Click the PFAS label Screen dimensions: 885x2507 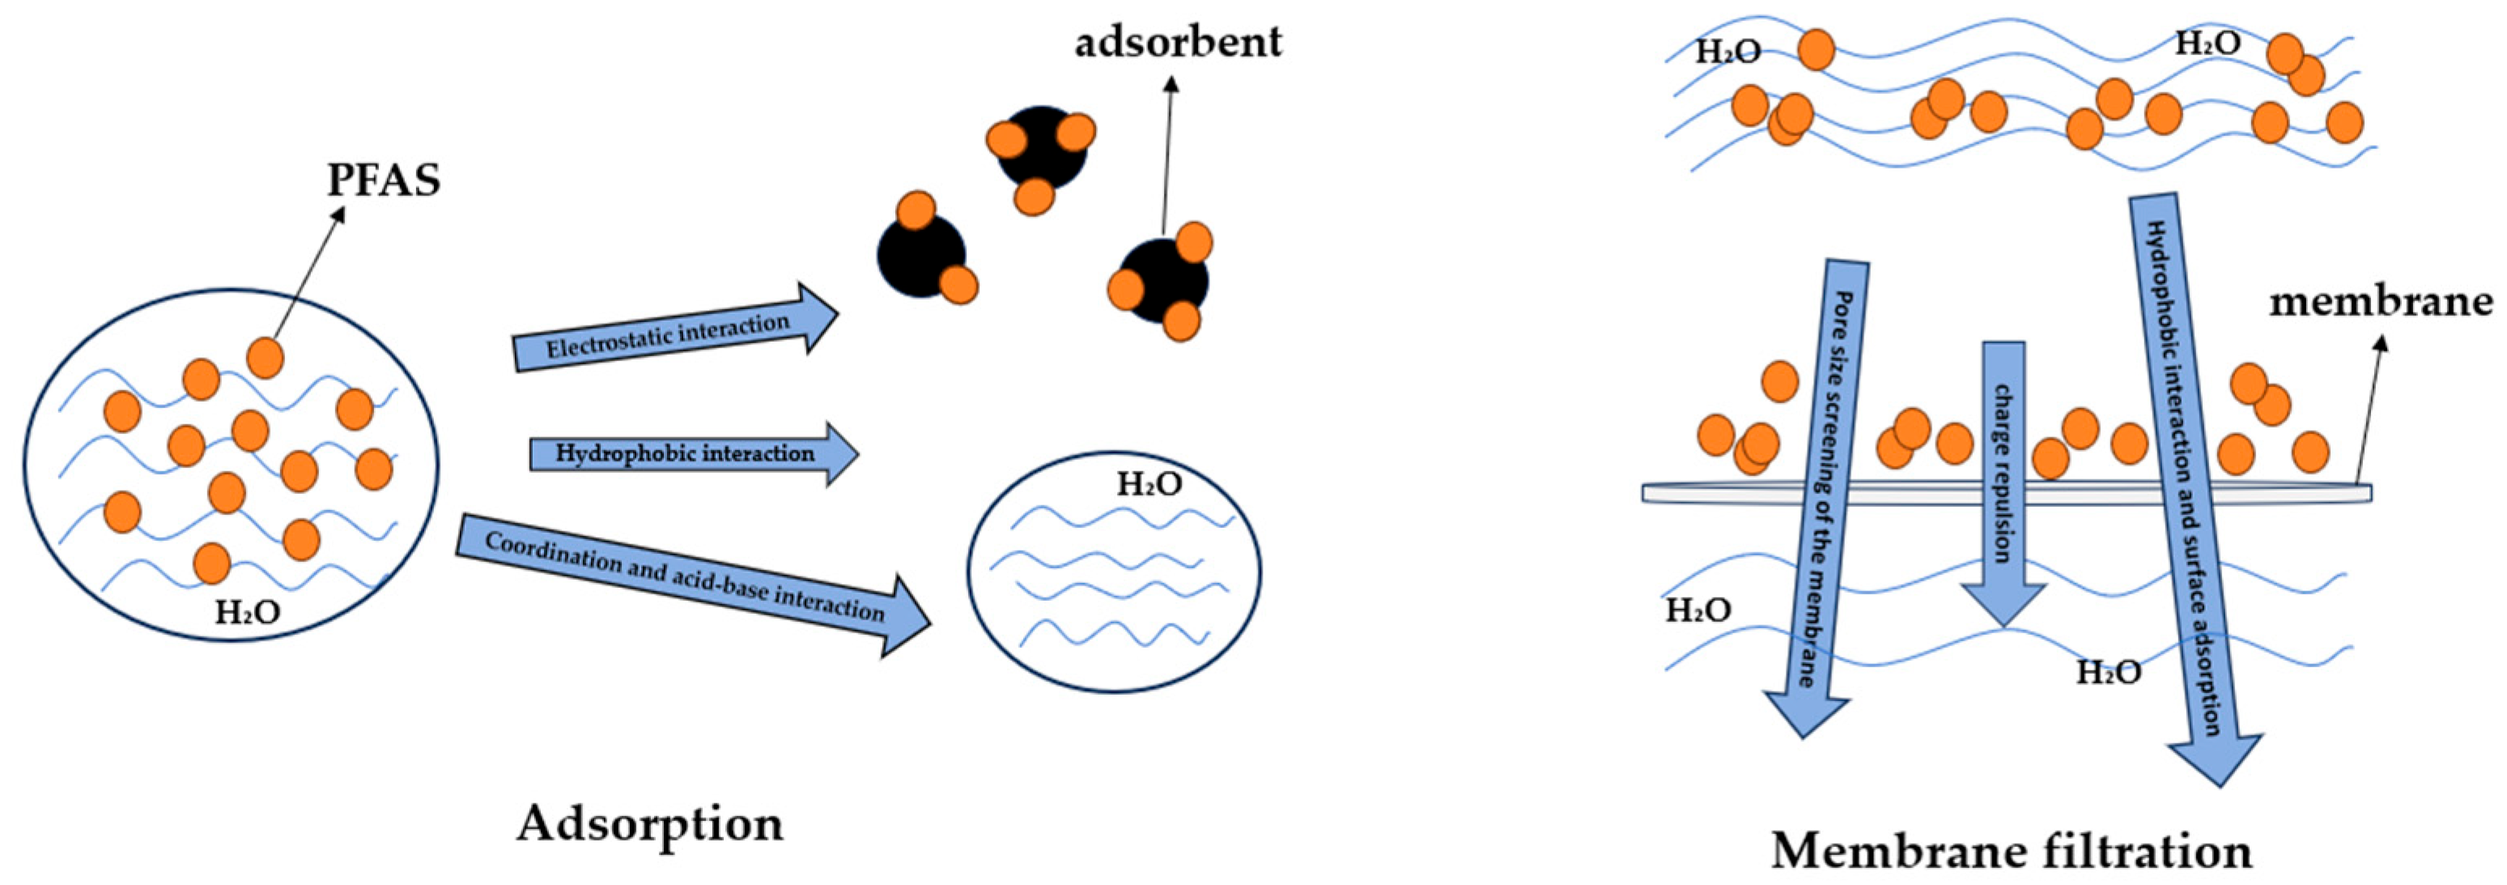(x=384, y=180)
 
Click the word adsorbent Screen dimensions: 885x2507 (x=1178, y=42)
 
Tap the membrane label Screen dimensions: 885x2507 (x=2381, y=302)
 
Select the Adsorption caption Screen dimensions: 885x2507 (x=649, y=823)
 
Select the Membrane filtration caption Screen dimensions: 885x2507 (x=2011, y=850)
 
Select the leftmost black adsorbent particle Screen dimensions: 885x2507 (x=920, y=255)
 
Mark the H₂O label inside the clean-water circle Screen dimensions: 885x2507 (x=1149, y=484)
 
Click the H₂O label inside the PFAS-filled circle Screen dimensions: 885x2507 (x=247, y=611)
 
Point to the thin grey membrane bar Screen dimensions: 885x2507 (x=2005, y=494)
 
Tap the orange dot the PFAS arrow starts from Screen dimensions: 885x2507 (x=265, y=358)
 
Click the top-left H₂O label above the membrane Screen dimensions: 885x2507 (x=1727, y=52)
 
